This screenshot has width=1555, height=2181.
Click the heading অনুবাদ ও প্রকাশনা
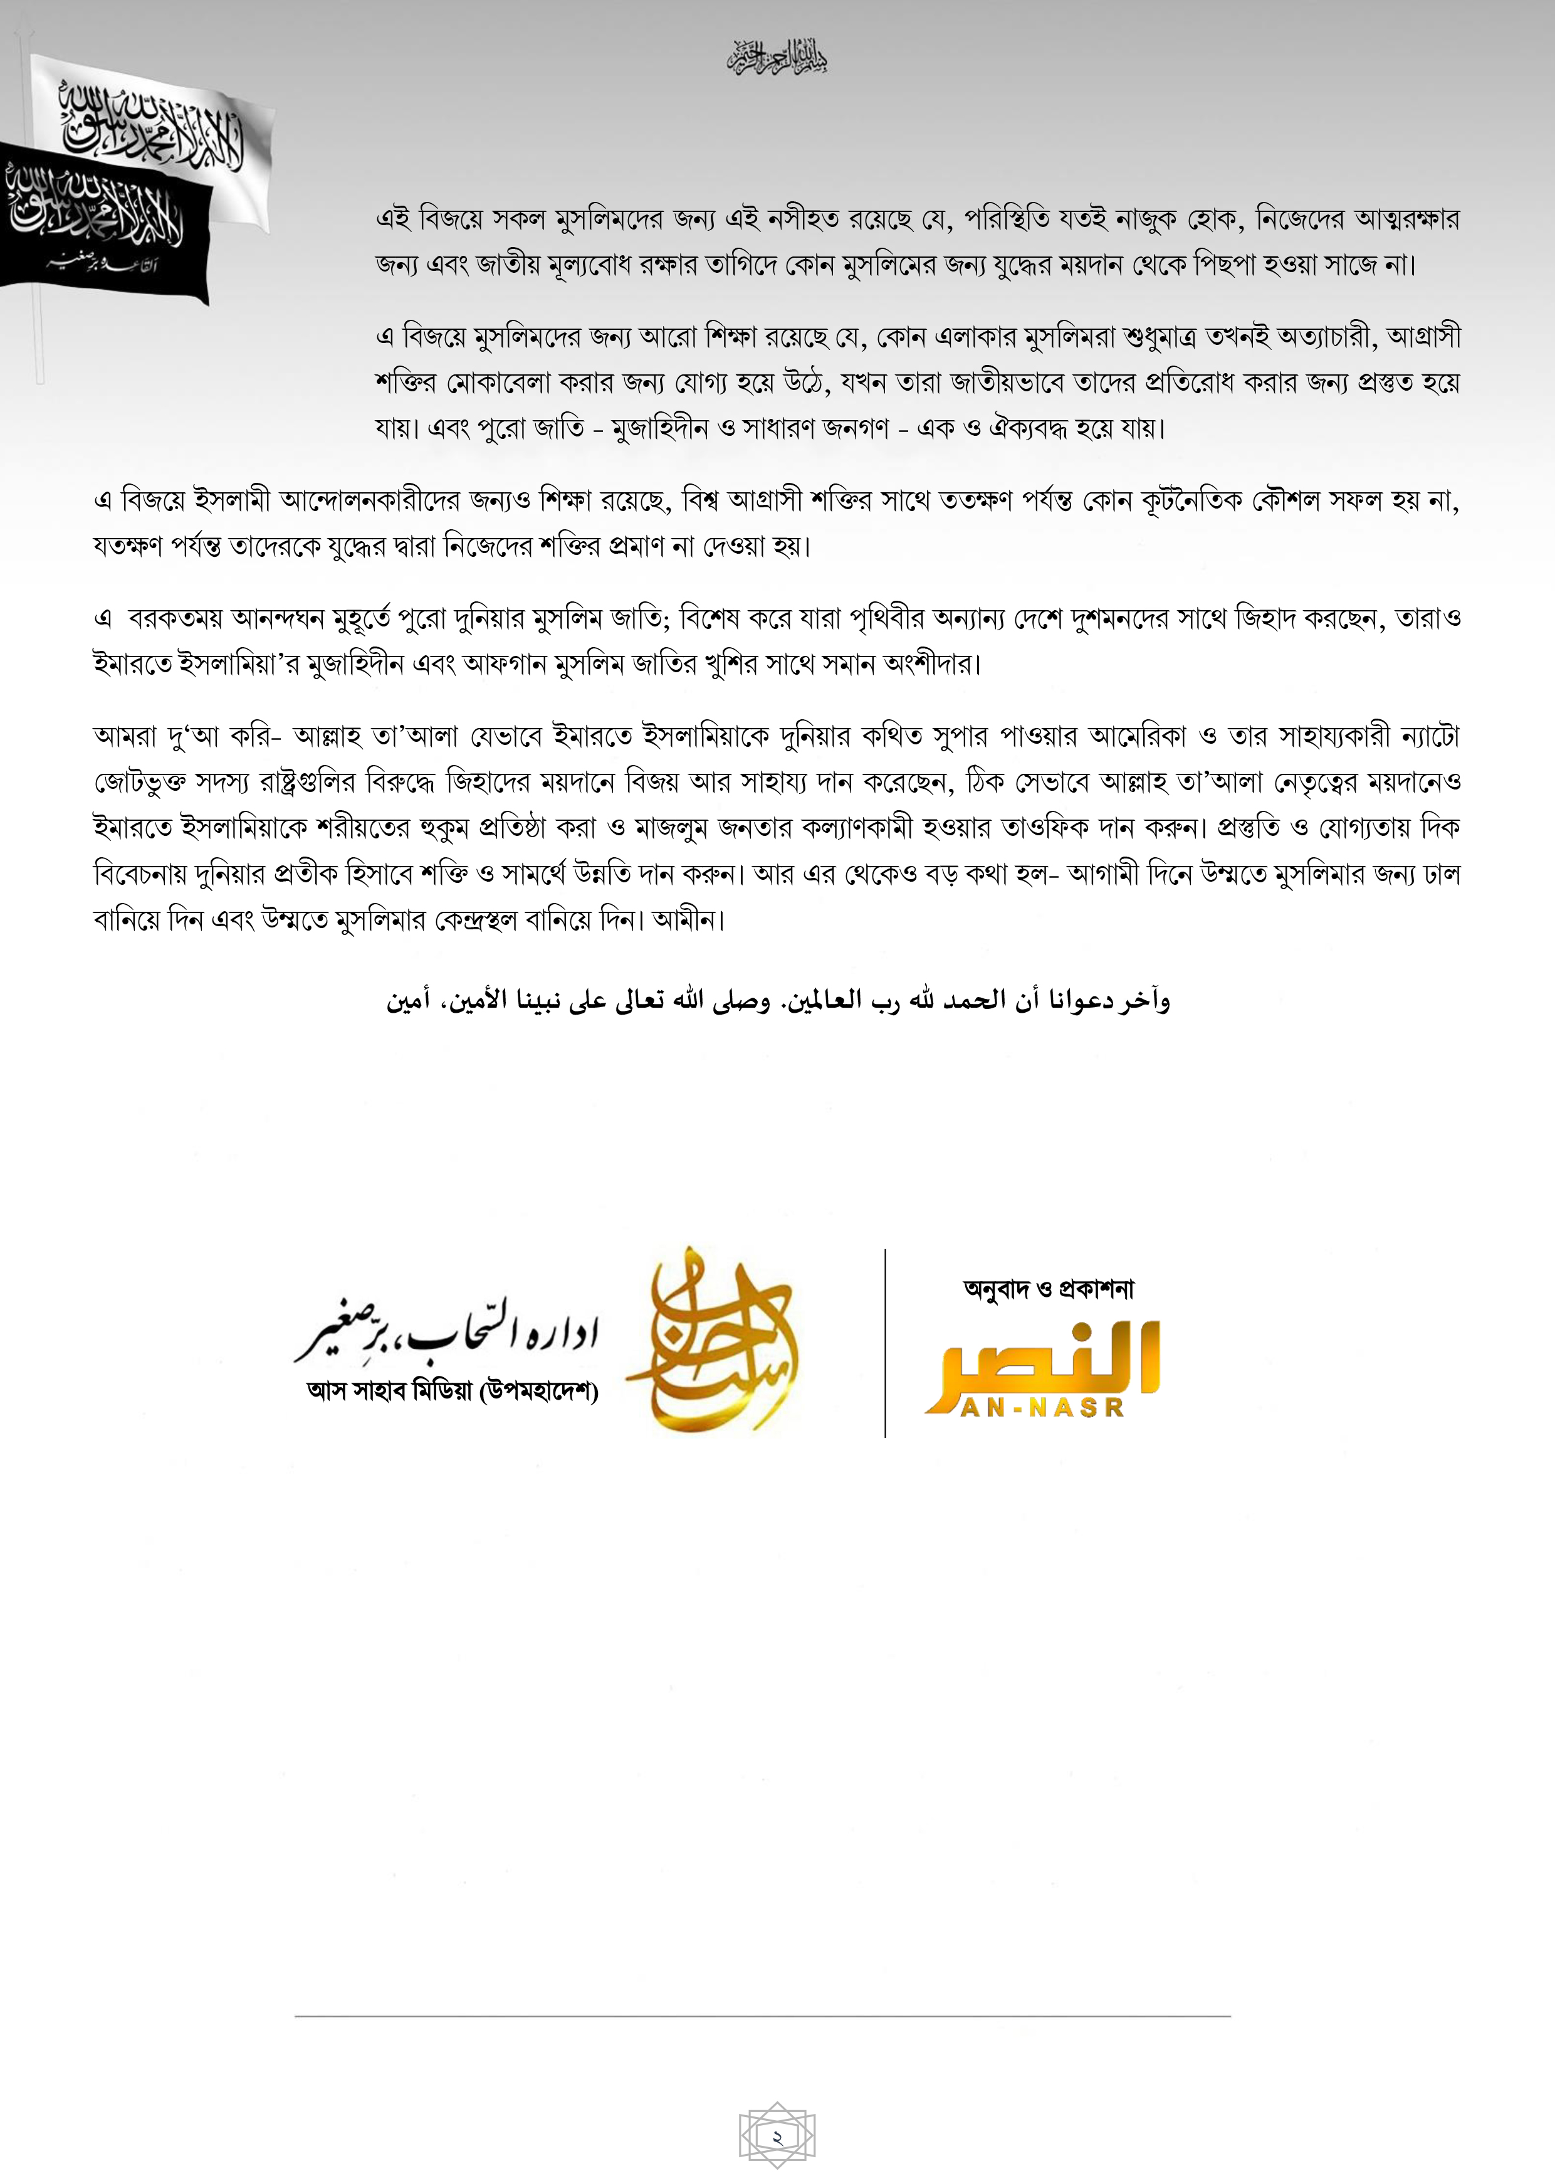pyautogui.click(x=1049, y=1289)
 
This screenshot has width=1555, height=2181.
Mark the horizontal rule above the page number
pyautogui.click(x=762, y=2016)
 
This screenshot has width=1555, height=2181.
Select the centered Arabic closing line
pyautogui.click(x=777, y=1001)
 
